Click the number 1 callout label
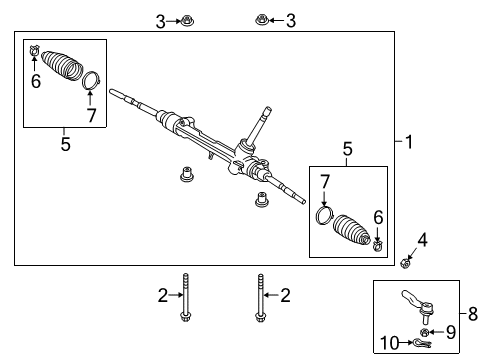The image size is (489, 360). (408, 142)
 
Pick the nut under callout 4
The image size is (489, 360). (407, 263)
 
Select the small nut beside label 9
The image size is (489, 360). (426, 331)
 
